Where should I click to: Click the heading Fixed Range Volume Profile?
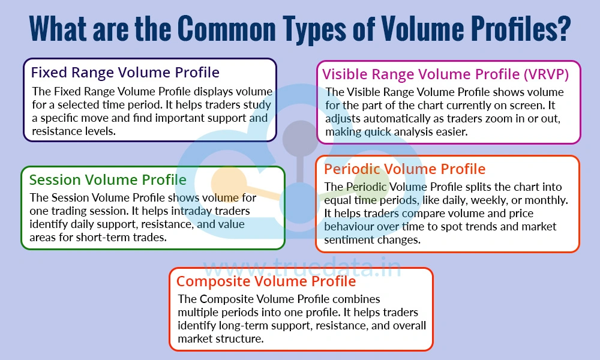125,73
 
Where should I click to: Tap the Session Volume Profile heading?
108,179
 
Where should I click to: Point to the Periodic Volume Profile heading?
404,169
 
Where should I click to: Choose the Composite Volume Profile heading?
266,281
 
